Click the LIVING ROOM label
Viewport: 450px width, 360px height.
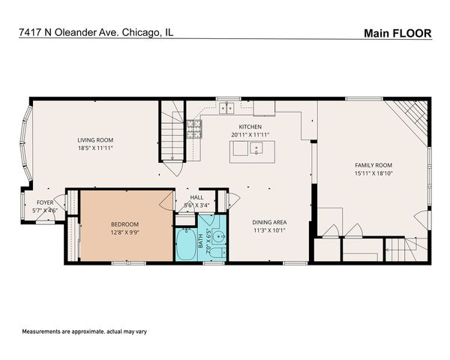tap(95, 139)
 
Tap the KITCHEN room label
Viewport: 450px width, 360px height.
tap(250, 127)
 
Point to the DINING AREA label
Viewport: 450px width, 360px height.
tap(270, 222)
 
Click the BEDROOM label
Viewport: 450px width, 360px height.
tap(124, 223)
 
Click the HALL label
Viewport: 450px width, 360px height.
tap(196, 197)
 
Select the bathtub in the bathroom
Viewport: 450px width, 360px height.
tap(184, 244)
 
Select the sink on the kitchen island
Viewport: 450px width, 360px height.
tap(256, 148)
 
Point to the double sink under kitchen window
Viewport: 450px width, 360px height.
tap(224, 109)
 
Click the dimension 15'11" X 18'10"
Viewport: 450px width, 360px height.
tap(373, 174)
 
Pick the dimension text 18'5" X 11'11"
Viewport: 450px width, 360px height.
tap(95, 148)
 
